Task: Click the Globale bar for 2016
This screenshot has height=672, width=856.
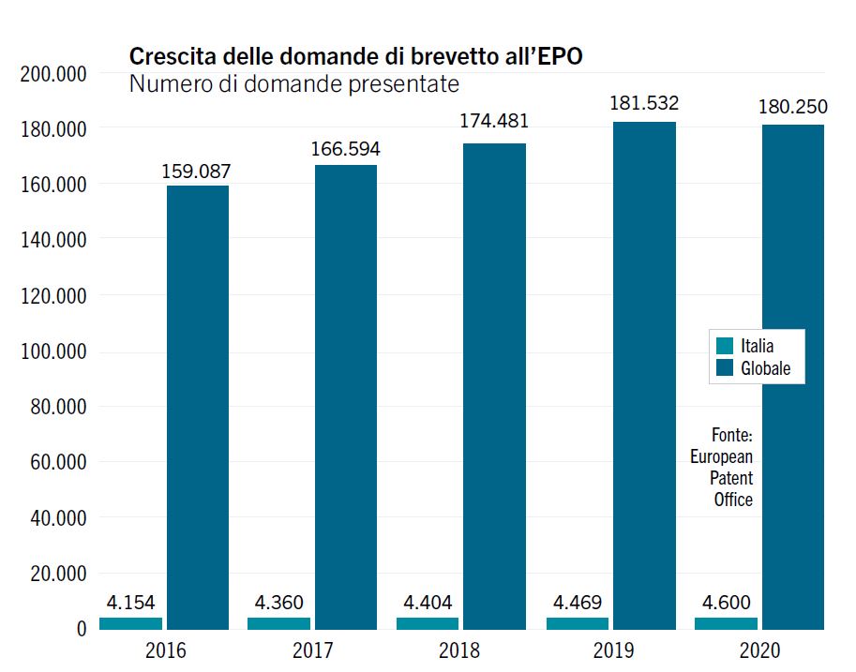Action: [x=198, y=407]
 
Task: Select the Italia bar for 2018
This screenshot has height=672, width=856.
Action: [x=428, y=623]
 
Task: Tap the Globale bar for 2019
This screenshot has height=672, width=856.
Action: [x=644, y=375]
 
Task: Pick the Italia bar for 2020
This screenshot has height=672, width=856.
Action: [x=726, y=623]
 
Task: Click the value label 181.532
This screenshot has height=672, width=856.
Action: [x=644, y=103]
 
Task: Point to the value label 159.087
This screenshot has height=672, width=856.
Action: [x=196, y=172]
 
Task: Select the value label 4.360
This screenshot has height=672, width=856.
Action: [x=278, y=603]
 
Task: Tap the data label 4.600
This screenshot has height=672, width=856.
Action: [x=725, y=603]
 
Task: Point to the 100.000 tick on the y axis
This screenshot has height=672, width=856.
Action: [x=52, y=351]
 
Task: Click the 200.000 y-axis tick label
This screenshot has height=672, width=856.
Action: [x=52, y=74]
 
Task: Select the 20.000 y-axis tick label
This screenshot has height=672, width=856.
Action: [x=56, y=574]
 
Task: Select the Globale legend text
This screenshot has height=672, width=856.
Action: [x=765, y=368]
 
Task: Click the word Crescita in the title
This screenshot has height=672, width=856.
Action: [x=167, y=56]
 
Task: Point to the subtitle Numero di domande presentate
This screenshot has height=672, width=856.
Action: [x=293, y=84]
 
